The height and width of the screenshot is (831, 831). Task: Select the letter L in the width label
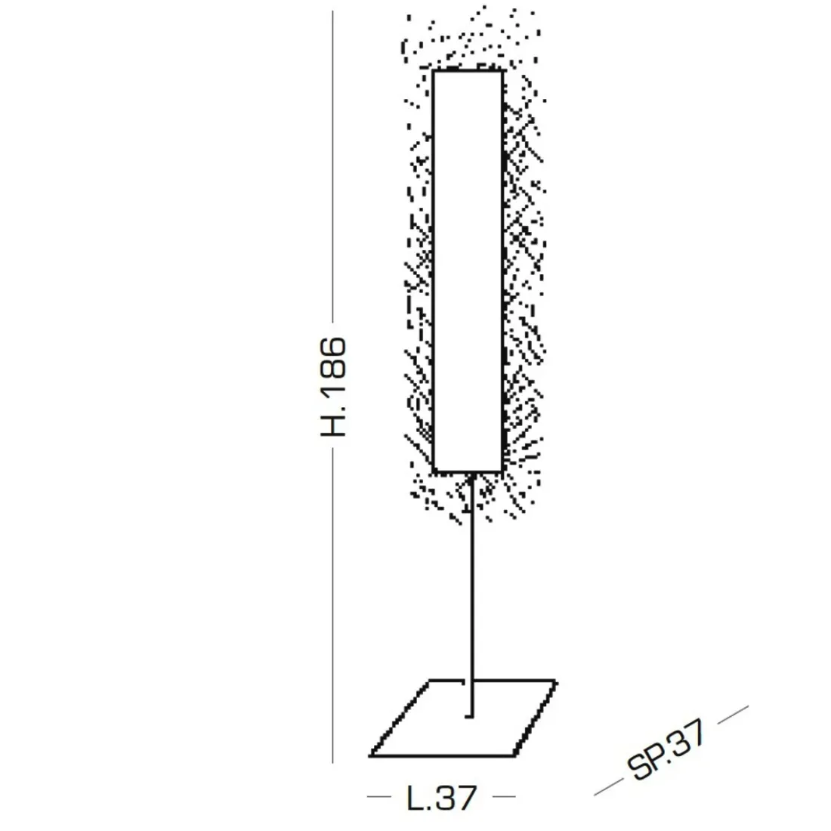tap(414, 797)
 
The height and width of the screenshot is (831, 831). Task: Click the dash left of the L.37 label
tap(380, 796)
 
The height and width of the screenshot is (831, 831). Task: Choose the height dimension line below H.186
tap(333, 604)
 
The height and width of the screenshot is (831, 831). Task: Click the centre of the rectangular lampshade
tap(468, 270)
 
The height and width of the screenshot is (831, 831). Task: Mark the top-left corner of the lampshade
tap(434, 71)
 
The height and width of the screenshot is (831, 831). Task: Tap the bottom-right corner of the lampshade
tap(502, 470)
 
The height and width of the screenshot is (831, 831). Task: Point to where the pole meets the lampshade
tap(471, 472)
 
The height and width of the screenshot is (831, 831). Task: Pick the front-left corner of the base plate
tap(372, 754)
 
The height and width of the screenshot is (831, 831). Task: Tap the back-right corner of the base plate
tap(557, 681)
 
